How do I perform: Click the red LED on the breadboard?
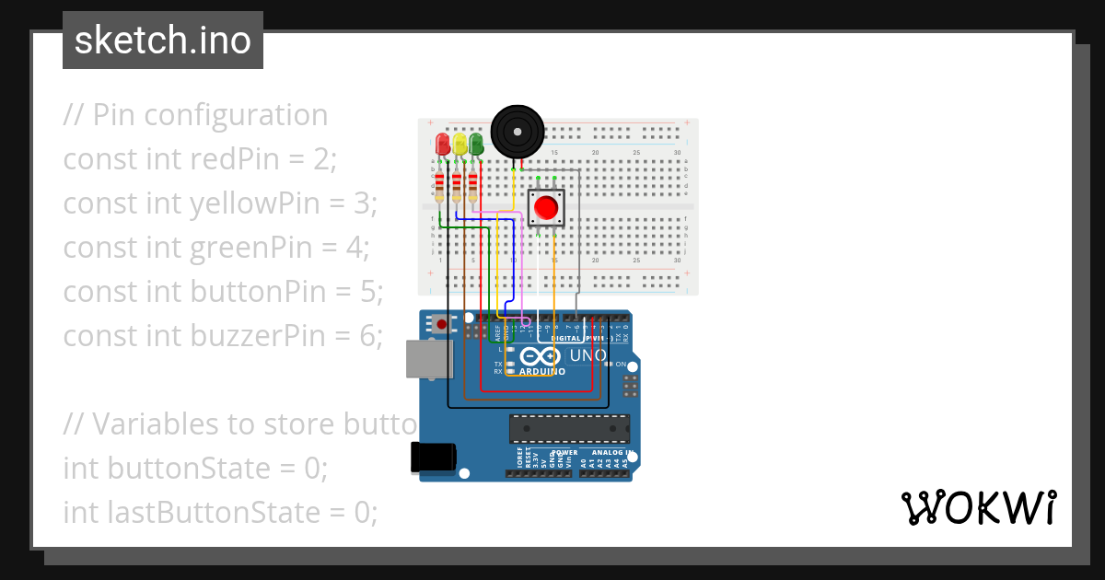[x=442, y=144]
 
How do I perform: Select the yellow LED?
[x=459, y=144]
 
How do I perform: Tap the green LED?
[x=476, y=144]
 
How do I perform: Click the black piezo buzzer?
[x=516, y=132]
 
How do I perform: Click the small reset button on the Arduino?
[x=443, y=324]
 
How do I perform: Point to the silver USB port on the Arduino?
[x=430, y=359]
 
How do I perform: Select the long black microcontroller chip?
[x=570, y=429]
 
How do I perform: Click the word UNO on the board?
[x=587, y=355]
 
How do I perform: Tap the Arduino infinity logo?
[x=540, y=356]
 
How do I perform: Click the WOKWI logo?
[x=978, y=508]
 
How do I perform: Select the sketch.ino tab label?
[x=163, y=41]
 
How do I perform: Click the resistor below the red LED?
[x=440, y=186]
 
